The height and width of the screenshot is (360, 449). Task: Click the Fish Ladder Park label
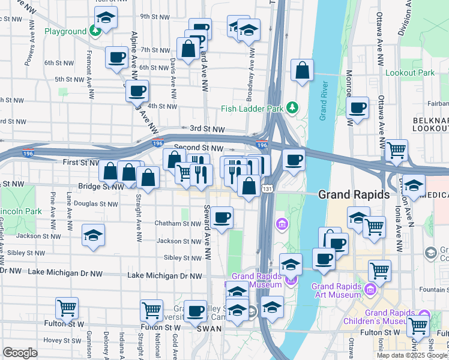pyautogui.click(x=252, y=109)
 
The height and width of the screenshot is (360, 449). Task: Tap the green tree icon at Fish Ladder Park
pyautogui.click(x=292, y=107)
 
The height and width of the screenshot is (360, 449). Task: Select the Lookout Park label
pyautogui.click(x=409, y=73)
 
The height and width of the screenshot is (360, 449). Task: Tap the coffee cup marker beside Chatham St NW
pyautogui.click(x=222, y=217)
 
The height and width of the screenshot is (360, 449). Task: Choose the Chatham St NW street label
pyautogui.click(x=178, y=223)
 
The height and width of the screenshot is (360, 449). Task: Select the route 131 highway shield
pyautogui.click(x=265, y=189)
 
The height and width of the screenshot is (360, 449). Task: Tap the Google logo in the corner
pyautogui.click(x=20, y=353)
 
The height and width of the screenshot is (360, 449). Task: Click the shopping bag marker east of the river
pyautogui.click(x=303, y=70)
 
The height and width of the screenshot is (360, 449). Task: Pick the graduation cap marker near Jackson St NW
pyautogui.click(x=93, y=235)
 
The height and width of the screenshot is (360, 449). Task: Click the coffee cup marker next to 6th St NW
pyautogui.click(x=116, y=58)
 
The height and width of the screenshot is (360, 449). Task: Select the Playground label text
pyautogui.click(x=65, y=31)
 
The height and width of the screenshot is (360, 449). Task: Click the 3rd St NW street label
pyautogui.click(x=207, y=129)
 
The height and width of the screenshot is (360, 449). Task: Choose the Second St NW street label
pyautogui.click(x=199, y=147)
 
